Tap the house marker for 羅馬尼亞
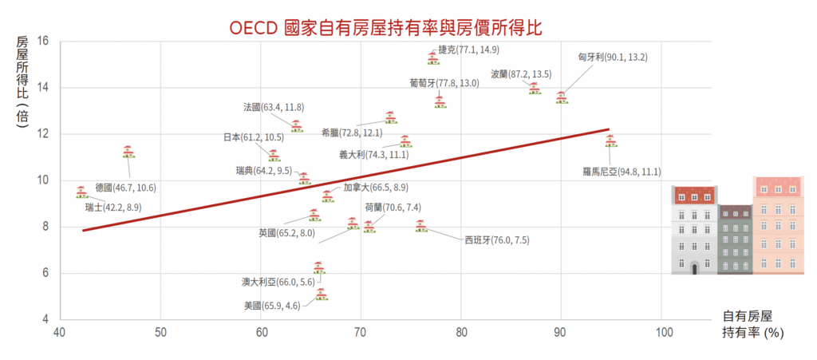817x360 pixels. (x=611, y=140)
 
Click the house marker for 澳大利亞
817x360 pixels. (x=319, y=267)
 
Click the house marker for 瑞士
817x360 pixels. (x=81, y=192)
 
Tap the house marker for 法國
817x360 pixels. (x=297, y=125)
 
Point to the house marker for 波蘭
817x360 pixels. (x=535, y=89)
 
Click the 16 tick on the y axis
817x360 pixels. (x=43, y=41)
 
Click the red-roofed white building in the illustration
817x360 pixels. (x=694, y=231)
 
